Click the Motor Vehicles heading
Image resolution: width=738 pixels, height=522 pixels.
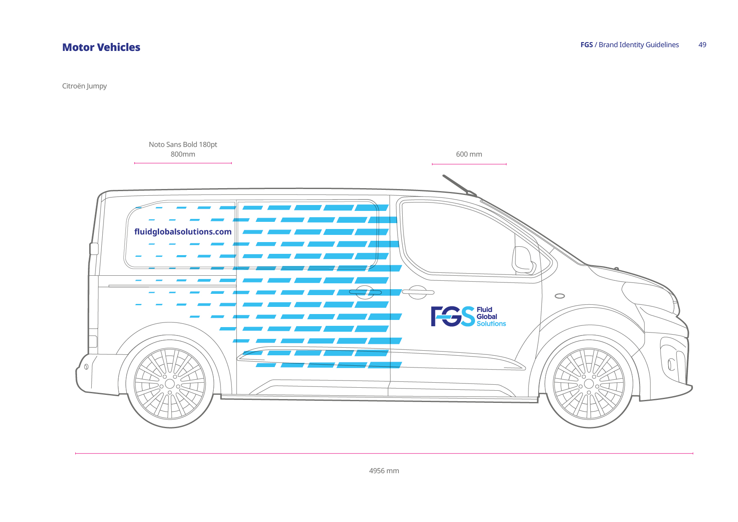[101, 47]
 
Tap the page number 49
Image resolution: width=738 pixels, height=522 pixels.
[702, 45]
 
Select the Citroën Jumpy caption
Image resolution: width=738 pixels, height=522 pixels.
[84, 86]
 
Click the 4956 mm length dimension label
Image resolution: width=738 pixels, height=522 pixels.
[384, 471]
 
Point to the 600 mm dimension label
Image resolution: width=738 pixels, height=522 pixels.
[469, 154]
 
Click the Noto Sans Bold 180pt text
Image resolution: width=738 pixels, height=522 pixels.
[183, 144]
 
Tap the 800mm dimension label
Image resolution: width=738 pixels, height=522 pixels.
[183, 154]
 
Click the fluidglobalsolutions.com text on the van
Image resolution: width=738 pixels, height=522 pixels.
[183, 232]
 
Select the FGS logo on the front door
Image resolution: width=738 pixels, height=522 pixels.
[453, 317]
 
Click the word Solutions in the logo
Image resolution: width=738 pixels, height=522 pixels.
[491, 324]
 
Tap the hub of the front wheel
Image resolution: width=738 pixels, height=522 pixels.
[589, 384]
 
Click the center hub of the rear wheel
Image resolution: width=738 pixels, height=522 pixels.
[170, 384]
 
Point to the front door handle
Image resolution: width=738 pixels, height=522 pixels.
[418, 292]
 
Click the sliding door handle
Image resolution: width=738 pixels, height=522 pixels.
[365, 292]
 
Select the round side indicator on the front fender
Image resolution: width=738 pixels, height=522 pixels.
[560, 296]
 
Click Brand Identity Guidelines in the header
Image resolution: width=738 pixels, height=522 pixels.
[638, 45]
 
